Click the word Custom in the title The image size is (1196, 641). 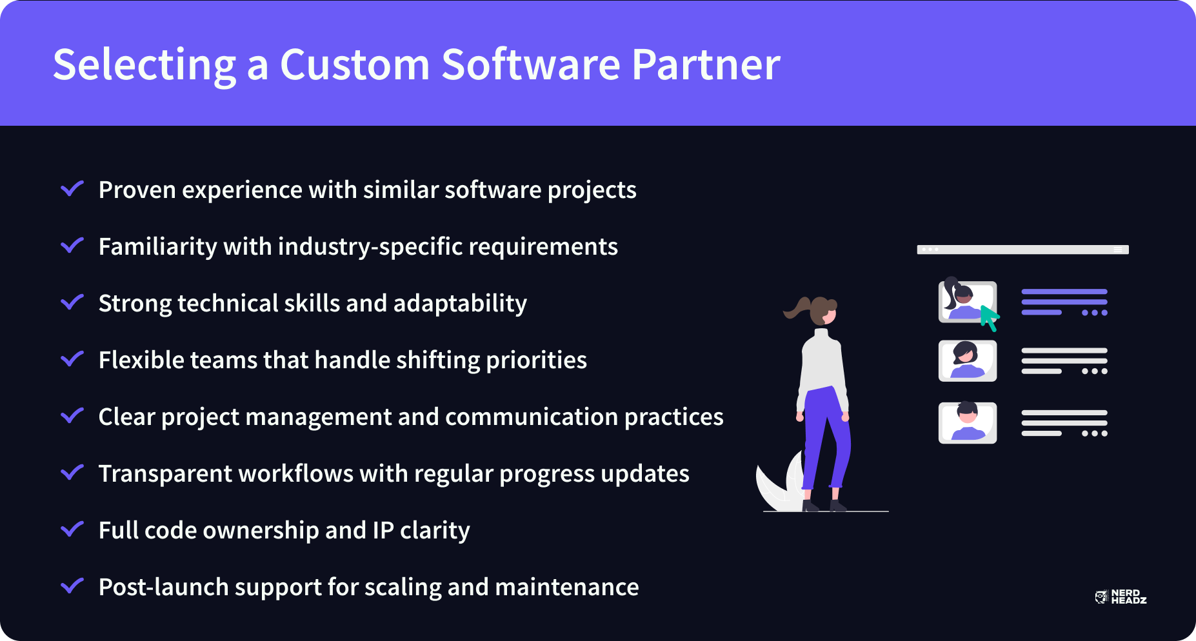[355, 64]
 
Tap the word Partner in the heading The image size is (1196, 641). [706, 64]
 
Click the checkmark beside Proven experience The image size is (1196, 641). [72, 188]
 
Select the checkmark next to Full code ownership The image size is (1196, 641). [72, 529]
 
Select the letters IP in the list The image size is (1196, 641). [383, 530]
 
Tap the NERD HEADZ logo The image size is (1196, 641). [1121, 597]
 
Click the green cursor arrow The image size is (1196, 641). [990, 317]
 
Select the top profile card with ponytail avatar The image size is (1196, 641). [967, 301]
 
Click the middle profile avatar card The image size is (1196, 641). [968, 361]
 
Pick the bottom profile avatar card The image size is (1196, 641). [968, 423]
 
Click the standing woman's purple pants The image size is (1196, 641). [827, 439]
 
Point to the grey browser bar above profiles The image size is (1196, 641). [1022, 250]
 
